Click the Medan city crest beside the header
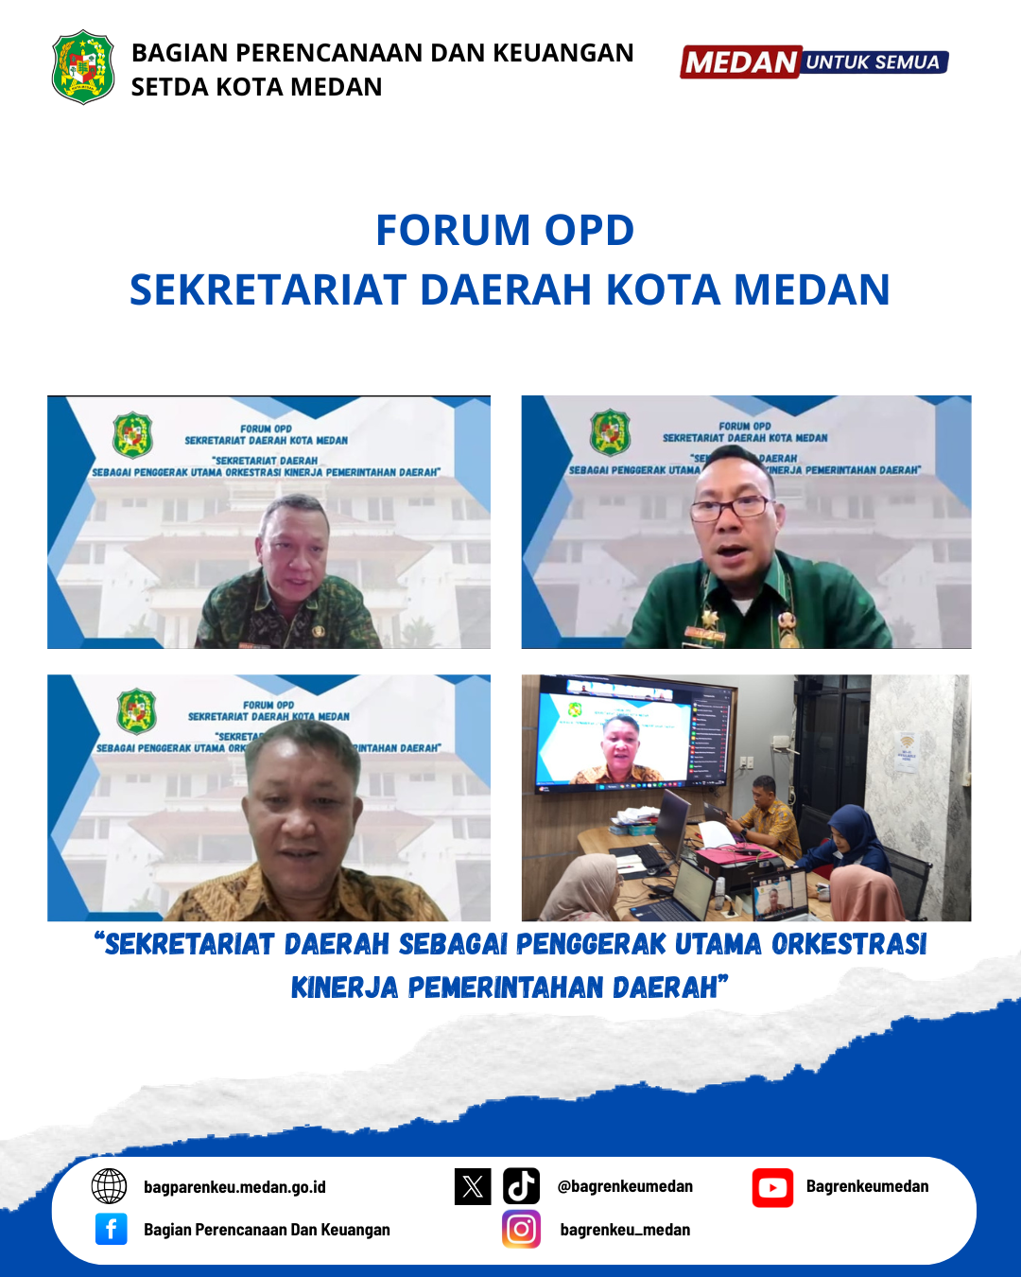click(83, 67)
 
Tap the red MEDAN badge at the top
click(740, 62)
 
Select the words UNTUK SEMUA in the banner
click(873, 62)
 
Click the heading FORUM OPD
click(505, 230)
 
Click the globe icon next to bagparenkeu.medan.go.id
click(110, 1186)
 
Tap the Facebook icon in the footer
click(111, 1229)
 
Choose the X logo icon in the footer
click(473, 1186)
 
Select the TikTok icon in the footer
click(521, 1186)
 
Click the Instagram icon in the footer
click(521, 1229)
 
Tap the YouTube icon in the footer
click(772, 1187)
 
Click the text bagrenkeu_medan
click(625, 1230)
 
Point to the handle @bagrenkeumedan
click(625, 1186)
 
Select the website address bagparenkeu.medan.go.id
click(234, 1187)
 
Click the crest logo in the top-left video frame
click(132, 435)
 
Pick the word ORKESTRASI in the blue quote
click(848, 944)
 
